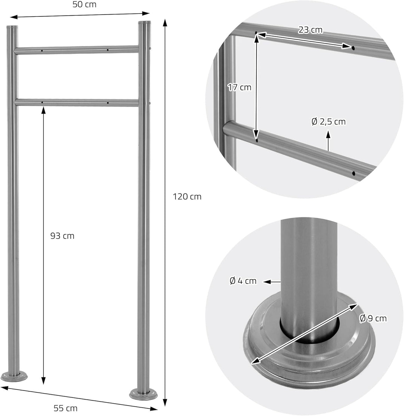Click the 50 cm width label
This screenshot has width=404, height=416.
pos(85,4)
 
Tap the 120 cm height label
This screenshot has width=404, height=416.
pos(187,197)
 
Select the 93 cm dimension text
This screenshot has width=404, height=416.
pos(62,236)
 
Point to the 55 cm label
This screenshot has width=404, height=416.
pos(65,408)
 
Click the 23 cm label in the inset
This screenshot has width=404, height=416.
pos(310,30)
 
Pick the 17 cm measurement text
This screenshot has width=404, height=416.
pos(239,87)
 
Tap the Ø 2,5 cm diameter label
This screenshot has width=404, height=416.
pos(328,122)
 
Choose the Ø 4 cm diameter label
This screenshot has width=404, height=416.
pos(243,281)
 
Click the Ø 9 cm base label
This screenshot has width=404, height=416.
pos(373,318)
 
